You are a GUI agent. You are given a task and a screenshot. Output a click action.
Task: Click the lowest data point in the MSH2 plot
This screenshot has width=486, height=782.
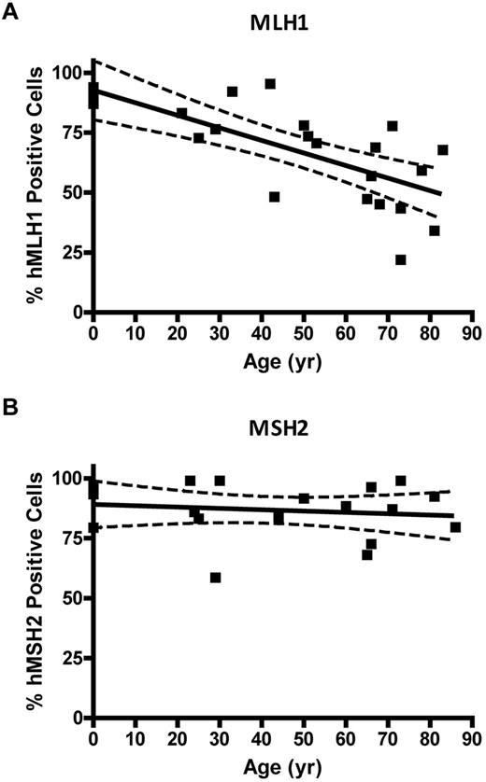(x=215, y=578)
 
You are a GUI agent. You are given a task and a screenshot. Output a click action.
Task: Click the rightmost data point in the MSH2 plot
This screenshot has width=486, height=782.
(x=455, y=527)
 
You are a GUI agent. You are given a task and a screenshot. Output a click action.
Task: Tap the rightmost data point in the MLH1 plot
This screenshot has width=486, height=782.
(x=442, y=149)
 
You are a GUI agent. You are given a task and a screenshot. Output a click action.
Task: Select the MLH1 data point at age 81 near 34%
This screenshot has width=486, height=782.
(x=434, y=230)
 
